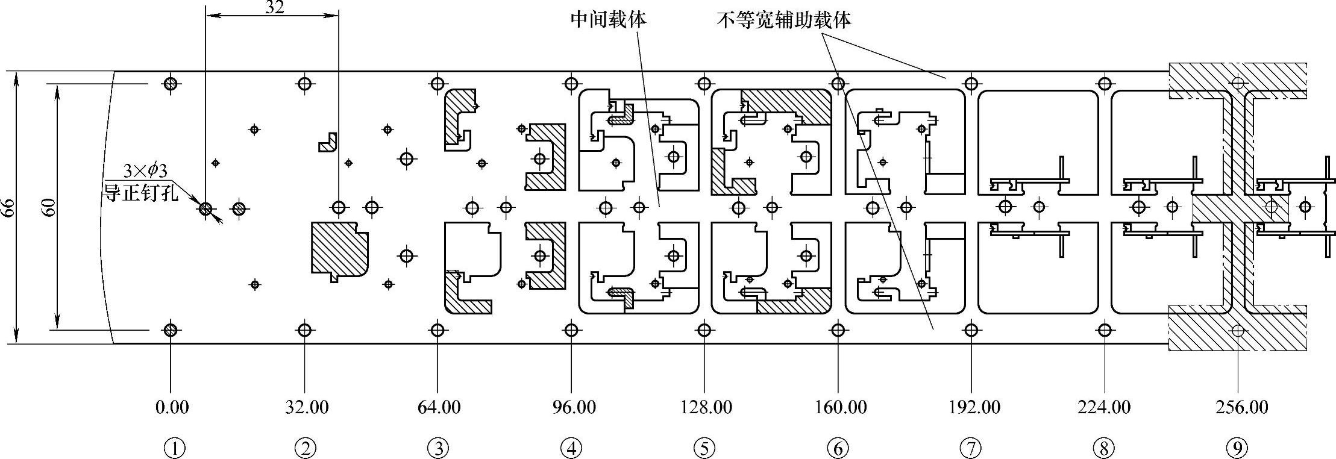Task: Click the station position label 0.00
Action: pyautogui.click(x=172, y=408)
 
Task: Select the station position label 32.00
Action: pyautogui.click(x=307, y=408)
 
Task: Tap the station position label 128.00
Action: pyautogui.click(x=706, y=408)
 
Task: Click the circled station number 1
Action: pyautogui.click(x=174, y=448)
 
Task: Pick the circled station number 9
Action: pyautogui.click(x=1237, y=448)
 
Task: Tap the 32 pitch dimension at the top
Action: pyautogui.click(x=274, y=7)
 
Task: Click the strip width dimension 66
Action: pyautogui.click(x=8, y=208)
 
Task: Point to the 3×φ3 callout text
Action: pyautogui.click(x=145, y=171)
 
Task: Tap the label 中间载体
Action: pyautogui.click(x=608, y=20)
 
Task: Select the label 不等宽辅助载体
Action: pyautogui.click(x=784, y=20)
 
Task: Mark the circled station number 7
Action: pyautogui.click(x=970, y=448)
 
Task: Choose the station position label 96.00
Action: pyautogui.click(x=574, y=408)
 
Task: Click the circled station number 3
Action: pyautogui.click(x=438, y=448)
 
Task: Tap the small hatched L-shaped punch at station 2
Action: pyautogui.click(x=327, y=142)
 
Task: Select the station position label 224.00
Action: pyautogui.click(x=1104, y=408)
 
